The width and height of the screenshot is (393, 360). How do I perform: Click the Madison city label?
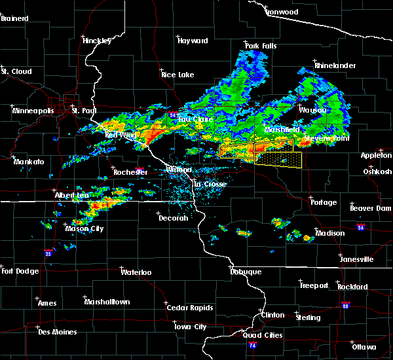330,234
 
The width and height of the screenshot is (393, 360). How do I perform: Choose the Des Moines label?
57,332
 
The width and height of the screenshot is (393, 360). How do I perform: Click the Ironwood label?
282,12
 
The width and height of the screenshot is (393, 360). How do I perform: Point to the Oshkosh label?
377,171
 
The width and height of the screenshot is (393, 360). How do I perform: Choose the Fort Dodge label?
20,271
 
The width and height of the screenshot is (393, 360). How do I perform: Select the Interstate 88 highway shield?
345,306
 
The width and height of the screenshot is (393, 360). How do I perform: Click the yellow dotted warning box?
278,159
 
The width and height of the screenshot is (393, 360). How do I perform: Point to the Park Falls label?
260,45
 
